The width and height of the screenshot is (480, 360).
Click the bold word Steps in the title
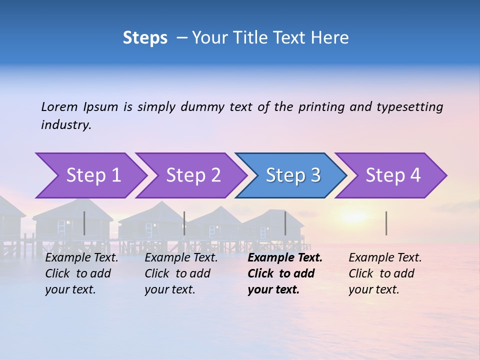coord(145,38)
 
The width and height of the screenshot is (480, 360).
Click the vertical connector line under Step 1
coord(84,223)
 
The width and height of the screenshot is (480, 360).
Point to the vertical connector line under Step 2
coord(184,223)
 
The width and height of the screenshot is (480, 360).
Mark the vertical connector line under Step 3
coord(285,223)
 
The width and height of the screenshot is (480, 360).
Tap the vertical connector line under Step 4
coord(386,223)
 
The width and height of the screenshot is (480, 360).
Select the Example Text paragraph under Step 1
coord(81,273)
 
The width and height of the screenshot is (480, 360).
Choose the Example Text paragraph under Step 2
coord(181,273)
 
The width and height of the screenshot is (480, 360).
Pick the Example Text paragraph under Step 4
coord(385,273)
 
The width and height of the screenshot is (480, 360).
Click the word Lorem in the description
coord(59,106)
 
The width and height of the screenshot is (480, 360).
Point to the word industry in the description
coord(66,125)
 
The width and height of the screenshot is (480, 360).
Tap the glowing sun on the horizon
coord(354,216)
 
